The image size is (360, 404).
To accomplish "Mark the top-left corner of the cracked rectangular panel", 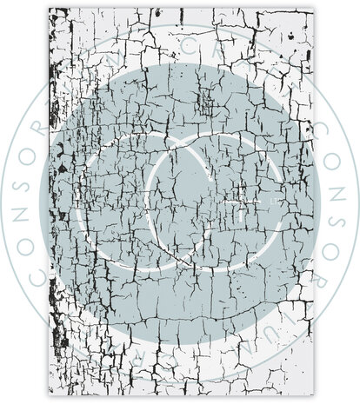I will click(50, 9).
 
